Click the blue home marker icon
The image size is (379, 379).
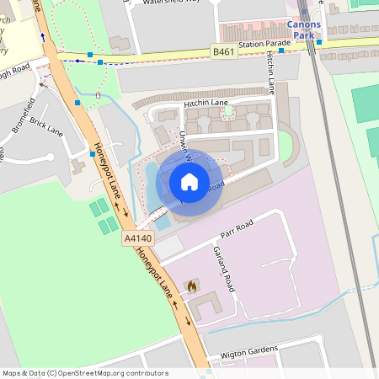[x=189, y=182]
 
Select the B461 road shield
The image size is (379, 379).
[x=222, y=52]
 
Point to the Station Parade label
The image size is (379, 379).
[x=264, y=44]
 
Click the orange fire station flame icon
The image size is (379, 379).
[x=191, y=286]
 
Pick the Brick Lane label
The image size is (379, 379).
[x=46, y=127]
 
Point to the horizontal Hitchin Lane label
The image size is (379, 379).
[x=206, y=103]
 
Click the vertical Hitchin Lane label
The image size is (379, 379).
[x=271, y=72]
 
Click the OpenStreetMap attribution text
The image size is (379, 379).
[x=85, y=373]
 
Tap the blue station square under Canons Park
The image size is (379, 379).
[x=319, y=40]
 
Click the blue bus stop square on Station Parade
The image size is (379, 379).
[x=281, y=50]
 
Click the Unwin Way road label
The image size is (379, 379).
[x=186, y=145]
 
